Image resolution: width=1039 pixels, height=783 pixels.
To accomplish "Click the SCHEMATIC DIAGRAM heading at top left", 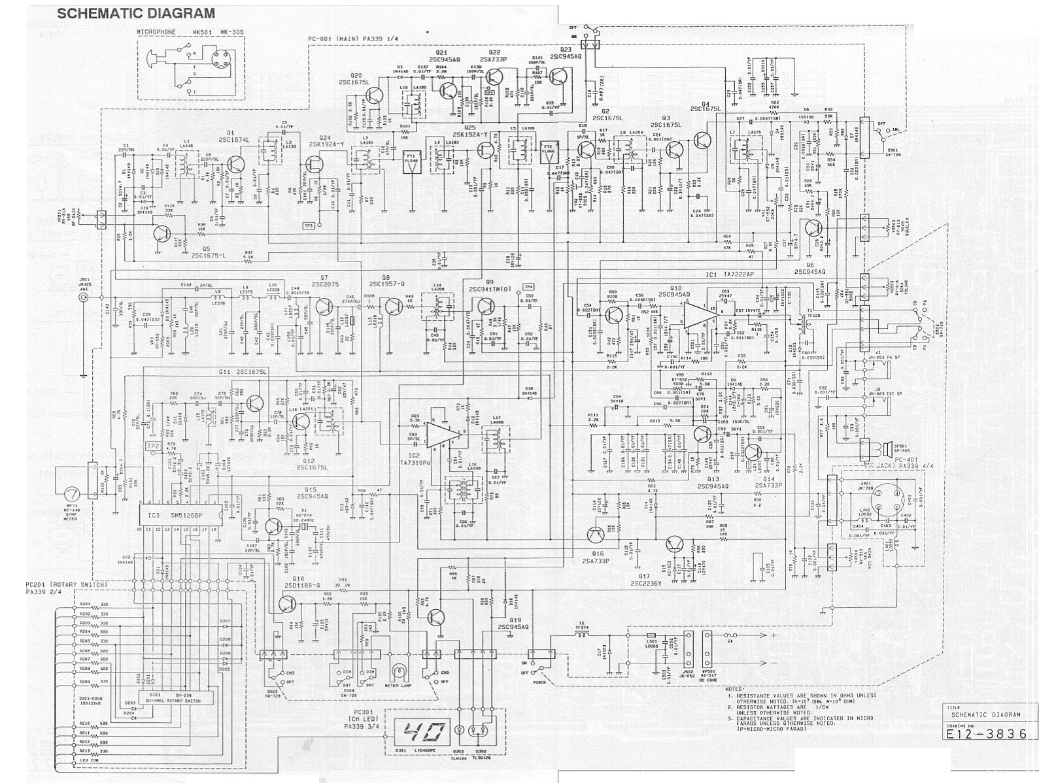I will click(135, 13).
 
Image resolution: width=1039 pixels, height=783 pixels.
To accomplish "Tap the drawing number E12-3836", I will click(991, 733).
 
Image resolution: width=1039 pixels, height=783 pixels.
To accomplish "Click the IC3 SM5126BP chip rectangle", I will click(179, 516).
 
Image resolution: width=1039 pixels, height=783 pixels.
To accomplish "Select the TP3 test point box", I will click(309, 225).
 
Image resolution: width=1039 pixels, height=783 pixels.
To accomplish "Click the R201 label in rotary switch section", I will click(84, 605).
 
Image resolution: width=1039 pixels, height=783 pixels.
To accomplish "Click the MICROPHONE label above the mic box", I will click(156, 31).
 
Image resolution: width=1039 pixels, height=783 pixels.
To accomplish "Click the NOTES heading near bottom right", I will click(735, 688).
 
